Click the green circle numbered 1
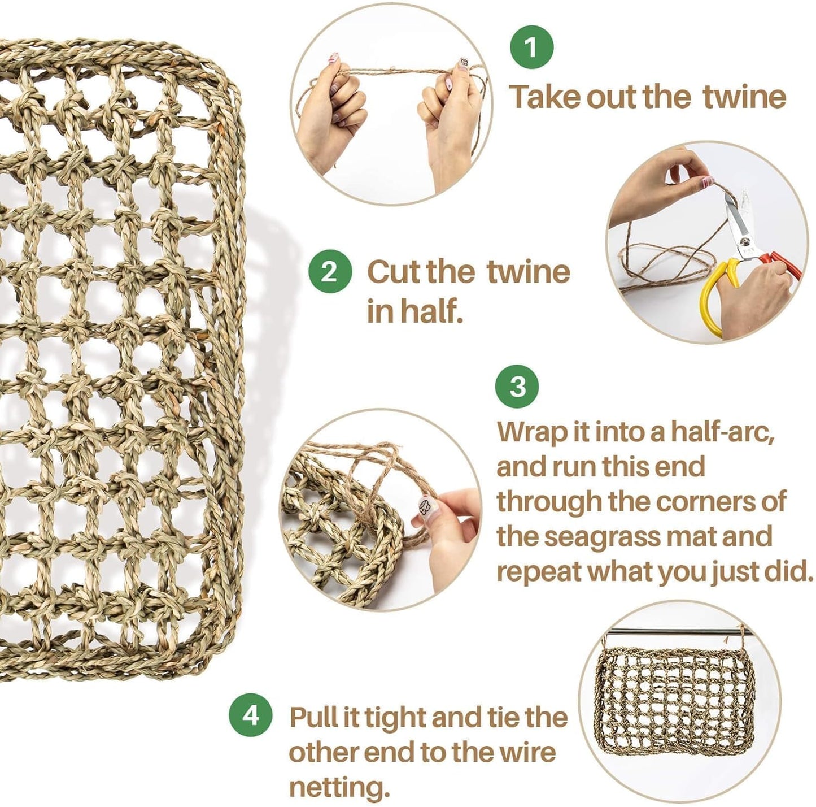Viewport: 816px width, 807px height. [532, 47]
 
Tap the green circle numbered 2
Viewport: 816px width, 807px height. [330, 272]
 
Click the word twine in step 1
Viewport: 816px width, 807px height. [744, 97]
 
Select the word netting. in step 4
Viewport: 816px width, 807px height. [339, 775]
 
